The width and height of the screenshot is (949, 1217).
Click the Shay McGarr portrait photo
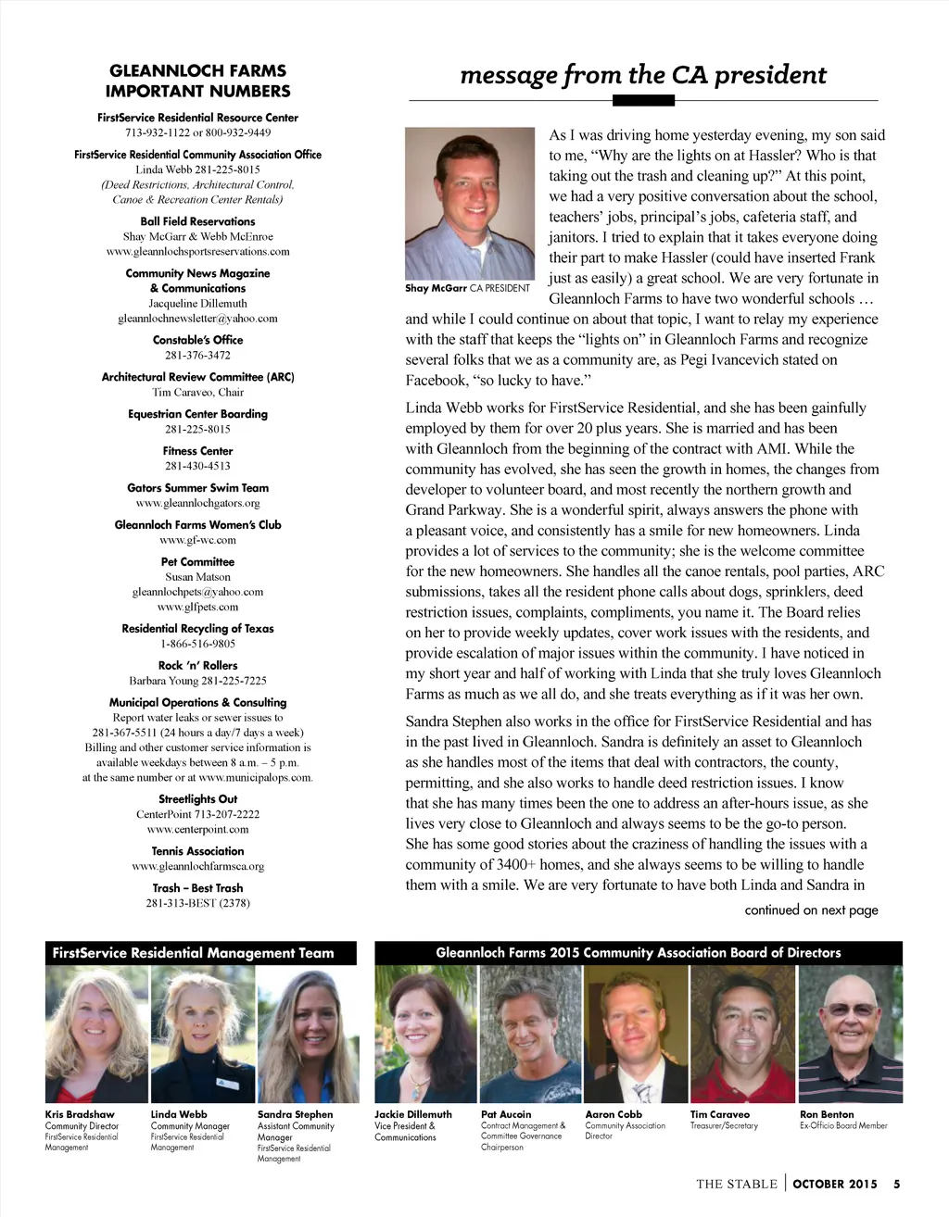point(470,203)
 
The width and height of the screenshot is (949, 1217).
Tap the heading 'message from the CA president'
point(643,75)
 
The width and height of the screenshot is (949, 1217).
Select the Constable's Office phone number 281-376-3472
point(197,356)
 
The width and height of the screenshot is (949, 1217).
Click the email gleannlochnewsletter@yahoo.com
point(197,319)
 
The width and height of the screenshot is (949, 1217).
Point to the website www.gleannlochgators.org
point(197,504)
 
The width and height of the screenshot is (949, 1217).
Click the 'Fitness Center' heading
point(197,451)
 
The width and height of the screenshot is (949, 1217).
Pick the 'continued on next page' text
point(811,910)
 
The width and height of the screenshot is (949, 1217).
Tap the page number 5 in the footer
point(896,1184)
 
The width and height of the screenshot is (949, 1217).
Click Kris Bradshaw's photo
point(96,1035)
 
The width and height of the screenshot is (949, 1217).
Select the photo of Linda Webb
point(202,1035)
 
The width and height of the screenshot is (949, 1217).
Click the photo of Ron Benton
point(850,1035)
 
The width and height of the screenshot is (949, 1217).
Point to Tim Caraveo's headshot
point(742,1035)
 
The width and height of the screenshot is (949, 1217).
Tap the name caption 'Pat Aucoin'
point(506,1115)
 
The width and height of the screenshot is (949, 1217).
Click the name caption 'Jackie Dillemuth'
point(413,1115)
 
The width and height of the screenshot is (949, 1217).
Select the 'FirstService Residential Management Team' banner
point(193,953)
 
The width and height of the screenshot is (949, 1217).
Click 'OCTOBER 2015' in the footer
point(835,1184)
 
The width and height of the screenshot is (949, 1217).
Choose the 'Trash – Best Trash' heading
point(197,888)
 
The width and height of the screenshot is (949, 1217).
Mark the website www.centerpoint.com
point(197,830)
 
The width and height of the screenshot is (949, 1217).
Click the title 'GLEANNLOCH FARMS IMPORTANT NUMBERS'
point(197,81)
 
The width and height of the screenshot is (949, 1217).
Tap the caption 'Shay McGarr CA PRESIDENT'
point(467,288)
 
